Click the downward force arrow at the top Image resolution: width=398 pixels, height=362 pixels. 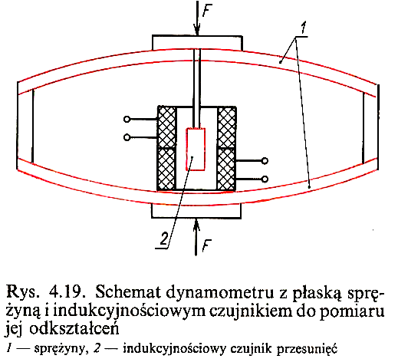pos(197,18)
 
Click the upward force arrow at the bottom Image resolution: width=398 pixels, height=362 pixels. pos(196,237)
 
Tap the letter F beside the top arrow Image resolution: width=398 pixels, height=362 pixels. pos(207,10)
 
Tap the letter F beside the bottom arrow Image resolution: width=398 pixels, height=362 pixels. pos(206,245)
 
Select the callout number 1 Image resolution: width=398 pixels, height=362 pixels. pos(303,28)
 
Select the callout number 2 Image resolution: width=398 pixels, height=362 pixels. pos(164,239)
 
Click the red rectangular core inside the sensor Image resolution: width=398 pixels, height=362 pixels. pos(196,149)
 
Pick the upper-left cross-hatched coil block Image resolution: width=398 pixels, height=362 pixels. pos(167,127)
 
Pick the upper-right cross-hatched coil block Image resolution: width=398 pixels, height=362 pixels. pos(226,127)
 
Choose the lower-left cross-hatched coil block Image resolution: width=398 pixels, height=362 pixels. pos(167,169)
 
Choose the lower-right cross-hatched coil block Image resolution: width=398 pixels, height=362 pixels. pos(226,169)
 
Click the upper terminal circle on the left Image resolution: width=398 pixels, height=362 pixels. pos(127,119)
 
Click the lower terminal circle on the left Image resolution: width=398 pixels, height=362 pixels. pos(127,137)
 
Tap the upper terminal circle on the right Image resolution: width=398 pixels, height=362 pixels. pos(265,161)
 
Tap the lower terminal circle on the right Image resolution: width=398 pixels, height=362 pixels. pos(265,179)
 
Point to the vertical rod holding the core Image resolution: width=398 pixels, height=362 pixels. pos(197,88)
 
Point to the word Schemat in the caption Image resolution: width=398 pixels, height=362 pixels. pos(129,292)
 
